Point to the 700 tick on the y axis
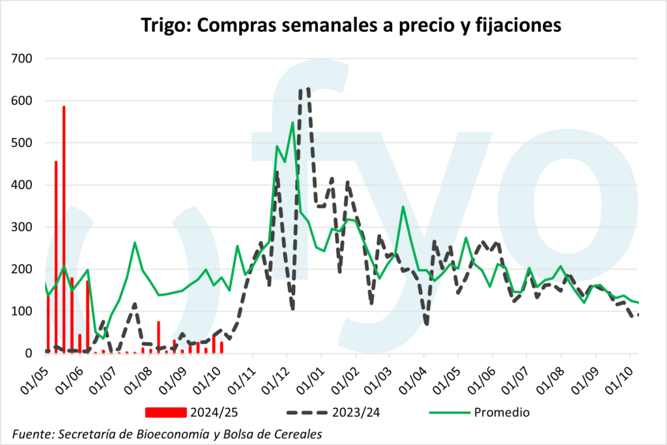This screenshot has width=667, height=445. point(25,59)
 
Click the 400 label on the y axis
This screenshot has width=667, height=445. point(25,185)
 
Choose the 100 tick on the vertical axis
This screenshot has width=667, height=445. point(25,311)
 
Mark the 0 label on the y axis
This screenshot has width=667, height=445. point(31,354)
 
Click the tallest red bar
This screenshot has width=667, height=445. point(64,228)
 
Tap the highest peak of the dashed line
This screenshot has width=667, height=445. point(304,89)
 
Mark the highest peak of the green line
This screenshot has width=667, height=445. point(292,122)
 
